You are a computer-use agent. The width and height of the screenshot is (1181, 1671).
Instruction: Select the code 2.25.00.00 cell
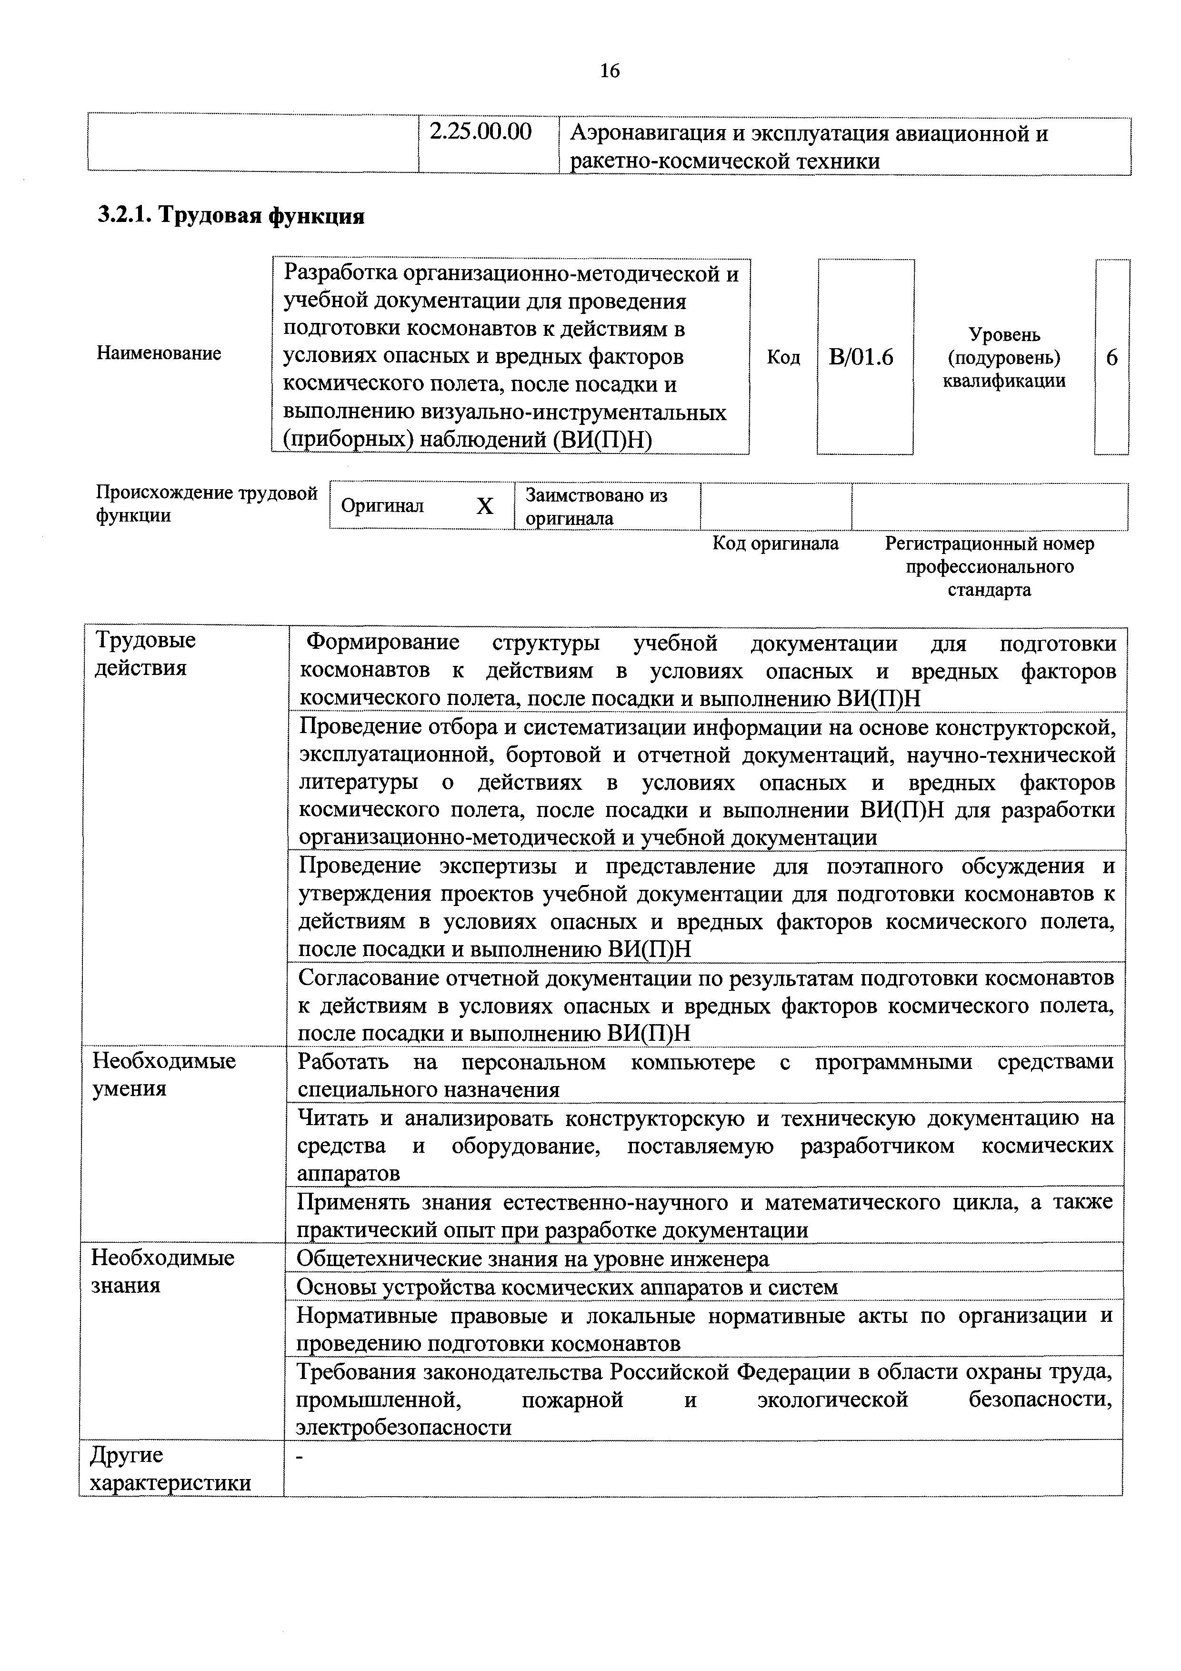[480, 132]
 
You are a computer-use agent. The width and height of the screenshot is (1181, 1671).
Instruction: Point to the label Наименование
[159, 354]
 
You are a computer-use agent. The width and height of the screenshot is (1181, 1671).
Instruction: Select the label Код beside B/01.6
[783, 357]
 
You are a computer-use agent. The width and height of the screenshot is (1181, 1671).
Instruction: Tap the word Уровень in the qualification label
[1004, 335]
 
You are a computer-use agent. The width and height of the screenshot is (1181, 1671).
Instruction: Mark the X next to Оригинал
[485, 506]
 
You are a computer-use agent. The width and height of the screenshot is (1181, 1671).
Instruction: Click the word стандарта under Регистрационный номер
[989, 590]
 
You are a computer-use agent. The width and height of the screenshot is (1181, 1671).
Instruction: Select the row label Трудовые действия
[146, 654]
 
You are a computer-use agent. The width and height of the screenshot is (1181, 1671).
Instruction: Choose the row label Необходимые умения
[164, 1074]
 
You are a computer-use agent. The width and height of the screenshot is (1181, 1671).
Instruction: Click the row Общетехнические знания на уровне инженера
[532, 1258]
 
